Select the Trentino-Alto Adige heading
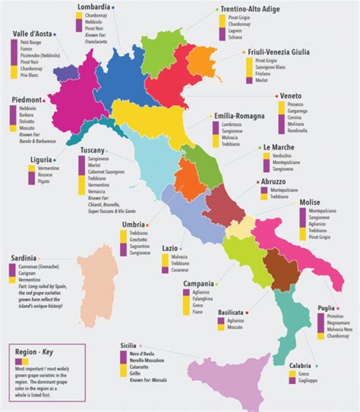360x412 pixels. [x=250, y=7]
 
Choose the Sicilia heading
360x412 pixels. [x=132, y=345]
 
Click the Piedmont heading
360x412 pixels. [x=27, y=99]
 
